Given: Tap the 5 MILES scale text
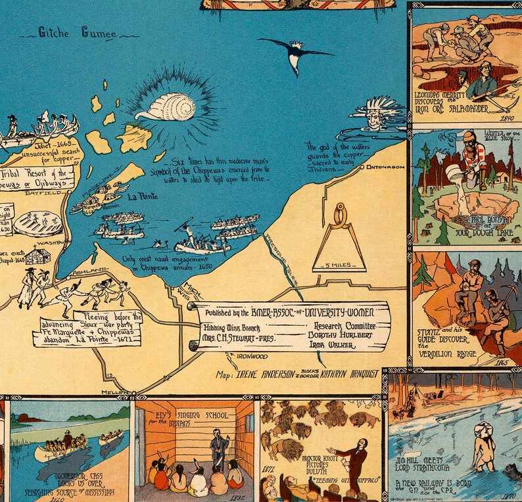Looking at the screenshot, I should (x=339, y=265).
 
